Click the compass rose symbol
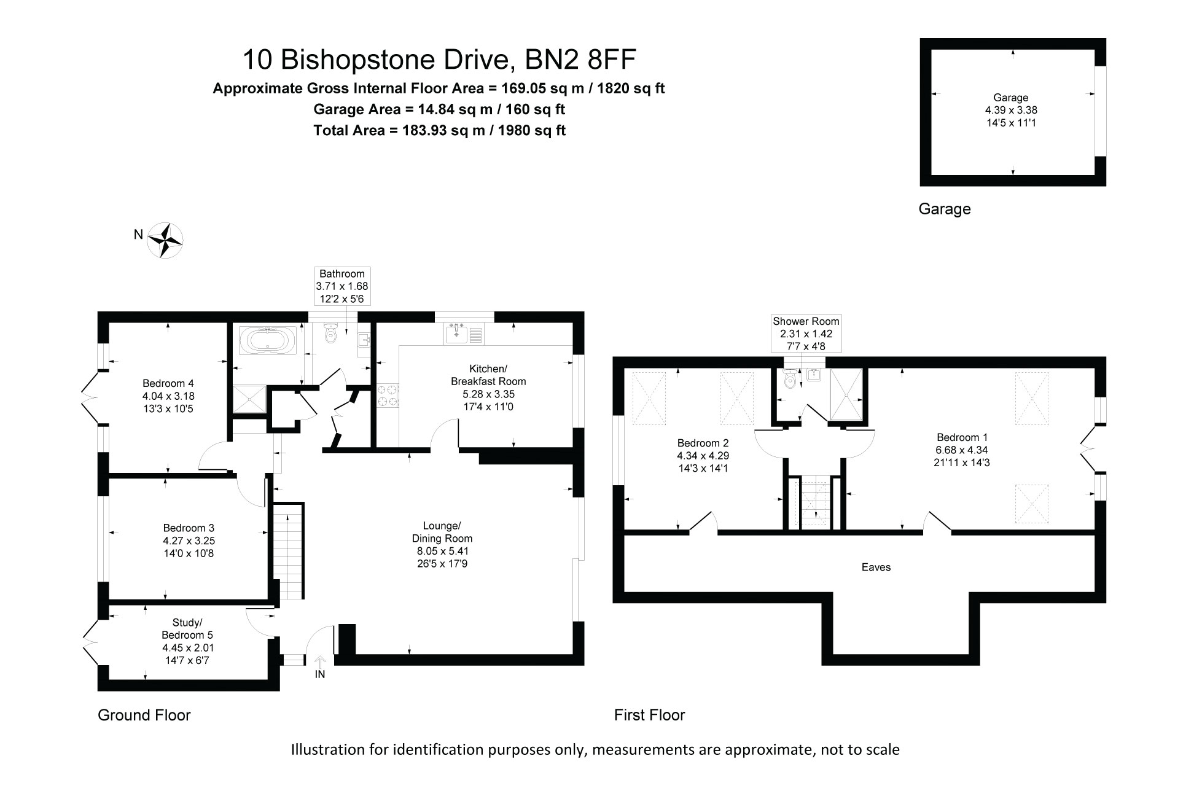[x=165, y=240]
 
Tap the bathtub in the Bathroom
[x=267, y=340]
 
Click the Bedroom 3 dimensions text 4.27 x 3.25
[x=189, y=541]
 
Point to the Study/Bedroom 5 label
[x=187, y=629]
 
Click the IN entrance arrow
[x=320, y=662]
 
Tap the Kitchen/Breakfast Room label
[x=488, y=375]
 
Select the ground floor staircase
[x=288, y=551]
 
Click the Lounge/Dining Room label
[x=442, y=532]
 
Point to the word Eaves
[x=876, y=567]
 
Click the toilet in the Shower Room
[x=790, y=379]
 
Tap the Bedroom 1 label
[x=962, y=437]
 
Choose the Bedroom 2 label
[x=703, y=443]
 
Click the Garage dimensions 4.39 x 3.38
[x=1011, y=110]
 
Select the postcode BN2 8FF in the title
[x=580, y=60]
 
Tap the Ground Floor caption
[x=144, y=715]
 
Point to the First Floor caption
[x=649, y=715]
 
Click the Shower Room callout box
[x=806, y=334]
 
